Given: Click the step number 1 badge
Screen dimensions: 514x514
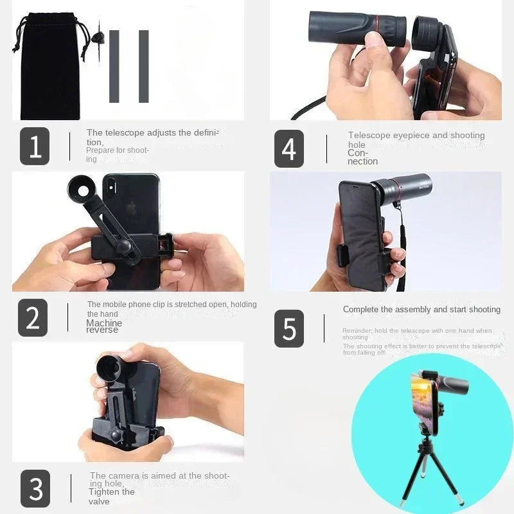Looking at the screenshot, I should coord(35,146).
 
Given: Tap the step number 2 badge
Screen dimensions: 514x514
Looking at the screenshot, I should coord(33,317).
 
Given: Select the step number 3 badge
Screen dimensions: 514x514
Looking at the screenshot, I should coord(35,489).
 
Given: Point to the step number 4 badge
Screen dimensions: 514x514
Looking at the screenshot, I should coord(289,149).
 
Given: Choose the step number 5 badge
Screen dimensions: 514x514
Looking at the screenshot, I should coord(289,328).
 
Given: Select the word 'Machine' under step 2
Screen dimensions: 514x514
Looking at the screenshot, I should coord(104,323).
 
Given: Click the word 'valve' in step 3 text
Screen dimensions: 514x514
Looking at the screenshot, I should coord(99,501).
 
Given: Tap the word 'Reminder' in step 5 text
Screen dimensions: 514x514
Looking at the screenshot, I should coord(356,331).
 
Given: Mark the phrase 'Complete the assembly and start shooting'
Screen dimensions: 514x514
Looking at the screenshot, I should coord(421,310).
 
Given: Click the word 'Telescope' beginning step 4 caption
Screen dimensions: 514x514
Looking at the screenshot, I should coord(369,136).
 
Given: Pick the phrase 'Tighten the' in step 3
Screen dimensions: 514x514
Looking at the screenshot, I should coord(112,492).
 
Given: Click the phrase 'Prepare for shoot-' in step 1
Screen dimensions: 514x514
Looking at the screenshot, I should coord(118,150).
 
